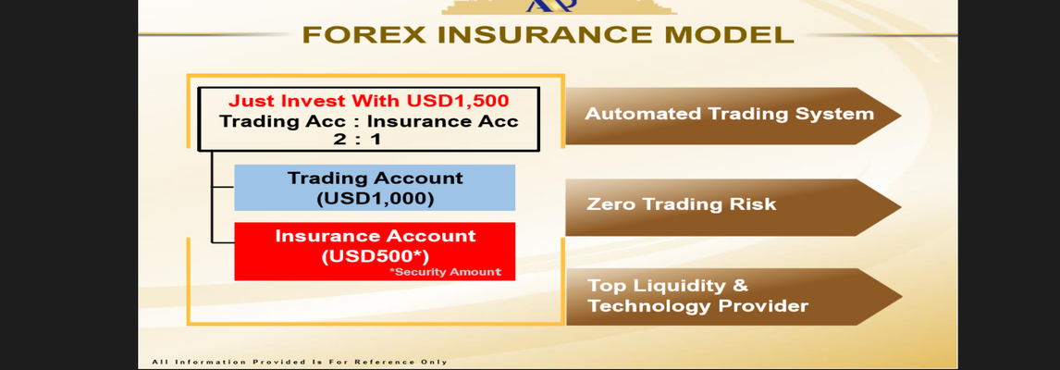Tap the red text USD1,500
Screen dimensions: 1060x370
458,101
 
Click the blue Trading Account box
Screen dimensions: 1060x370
375,188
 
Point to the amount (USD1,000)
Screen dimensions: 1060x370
375,200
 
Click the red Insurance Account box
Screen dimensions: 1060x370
375,251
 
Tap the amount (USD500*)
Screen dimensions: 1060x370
376,256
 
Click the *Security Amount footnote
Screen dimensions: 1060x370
445,272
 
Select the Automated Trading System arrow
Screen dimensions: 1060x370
733,116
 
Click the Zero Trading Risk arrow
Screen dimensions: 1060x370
733,207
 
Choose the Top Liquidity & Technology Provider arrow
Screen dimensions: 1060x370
733,296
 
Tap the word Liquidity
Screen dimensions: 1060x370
667,286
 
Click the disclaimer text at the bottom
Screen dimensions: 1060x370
300,362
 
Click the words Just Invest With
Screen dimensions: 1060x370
314,101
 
